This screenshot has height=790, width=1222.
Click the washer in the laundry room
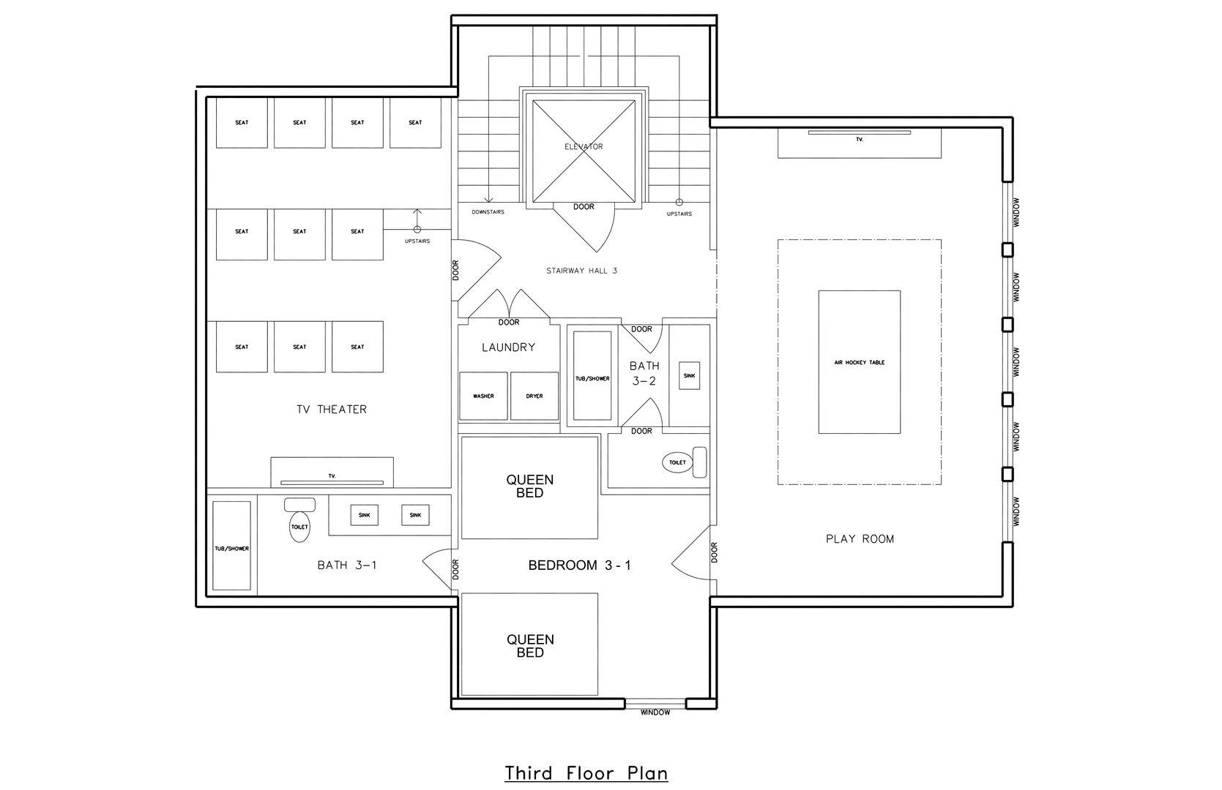(x=483, y=396)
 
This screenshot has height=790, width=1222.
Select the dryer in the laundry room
(x=534, y=396)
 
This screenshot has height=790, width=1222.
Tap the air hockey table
(x=860, y=362)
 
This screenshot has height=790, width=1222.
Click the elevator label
(x=584, y=146)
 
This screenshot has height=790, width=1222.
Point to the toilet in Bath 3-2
(x=684, y=462)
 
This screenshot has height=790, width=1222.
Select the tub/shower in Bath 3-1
(x=232, y=546)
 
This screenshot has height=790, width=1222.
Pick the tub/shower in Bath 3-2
(x=592, y=376)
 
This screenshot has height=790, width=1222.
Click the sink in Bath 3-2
(x=690, y=376)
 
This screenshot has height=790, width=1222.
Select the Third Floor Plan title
(x=586, y=774)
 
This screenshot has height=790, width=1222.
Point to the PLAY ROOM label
(x=860, y=539)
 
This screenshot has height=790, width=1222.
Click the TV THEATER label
(x=332, y=410)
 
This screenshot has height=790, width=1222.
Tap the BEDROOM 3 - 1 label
(x=579, y=565)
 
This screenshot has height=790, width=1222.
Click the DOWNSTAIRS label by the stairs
(x=488, y=212)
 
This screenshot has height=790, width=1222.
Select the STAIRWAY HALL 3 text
(x=581, y=271)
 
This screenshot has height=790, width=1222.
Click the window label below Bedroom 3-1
(x=655, y=712)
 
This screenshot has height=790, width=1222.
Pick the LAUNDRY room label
(x=508, y=347)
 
